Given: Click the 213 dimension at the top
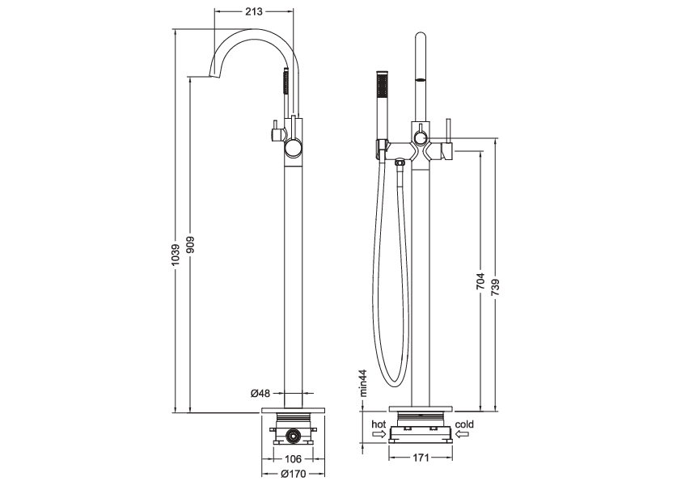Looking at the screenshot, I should tap(253, 11).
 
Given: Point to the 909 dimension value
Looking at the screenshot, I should tap(188, 244).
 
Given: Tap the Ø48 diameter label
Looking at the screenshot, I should tap(260, 394).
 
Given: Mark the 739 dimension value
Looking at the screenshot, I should tap(495, 289).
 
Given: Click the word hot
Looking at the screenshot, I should tap(379, 424).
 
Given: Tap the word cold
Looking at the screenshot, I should tap(465, 424).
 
